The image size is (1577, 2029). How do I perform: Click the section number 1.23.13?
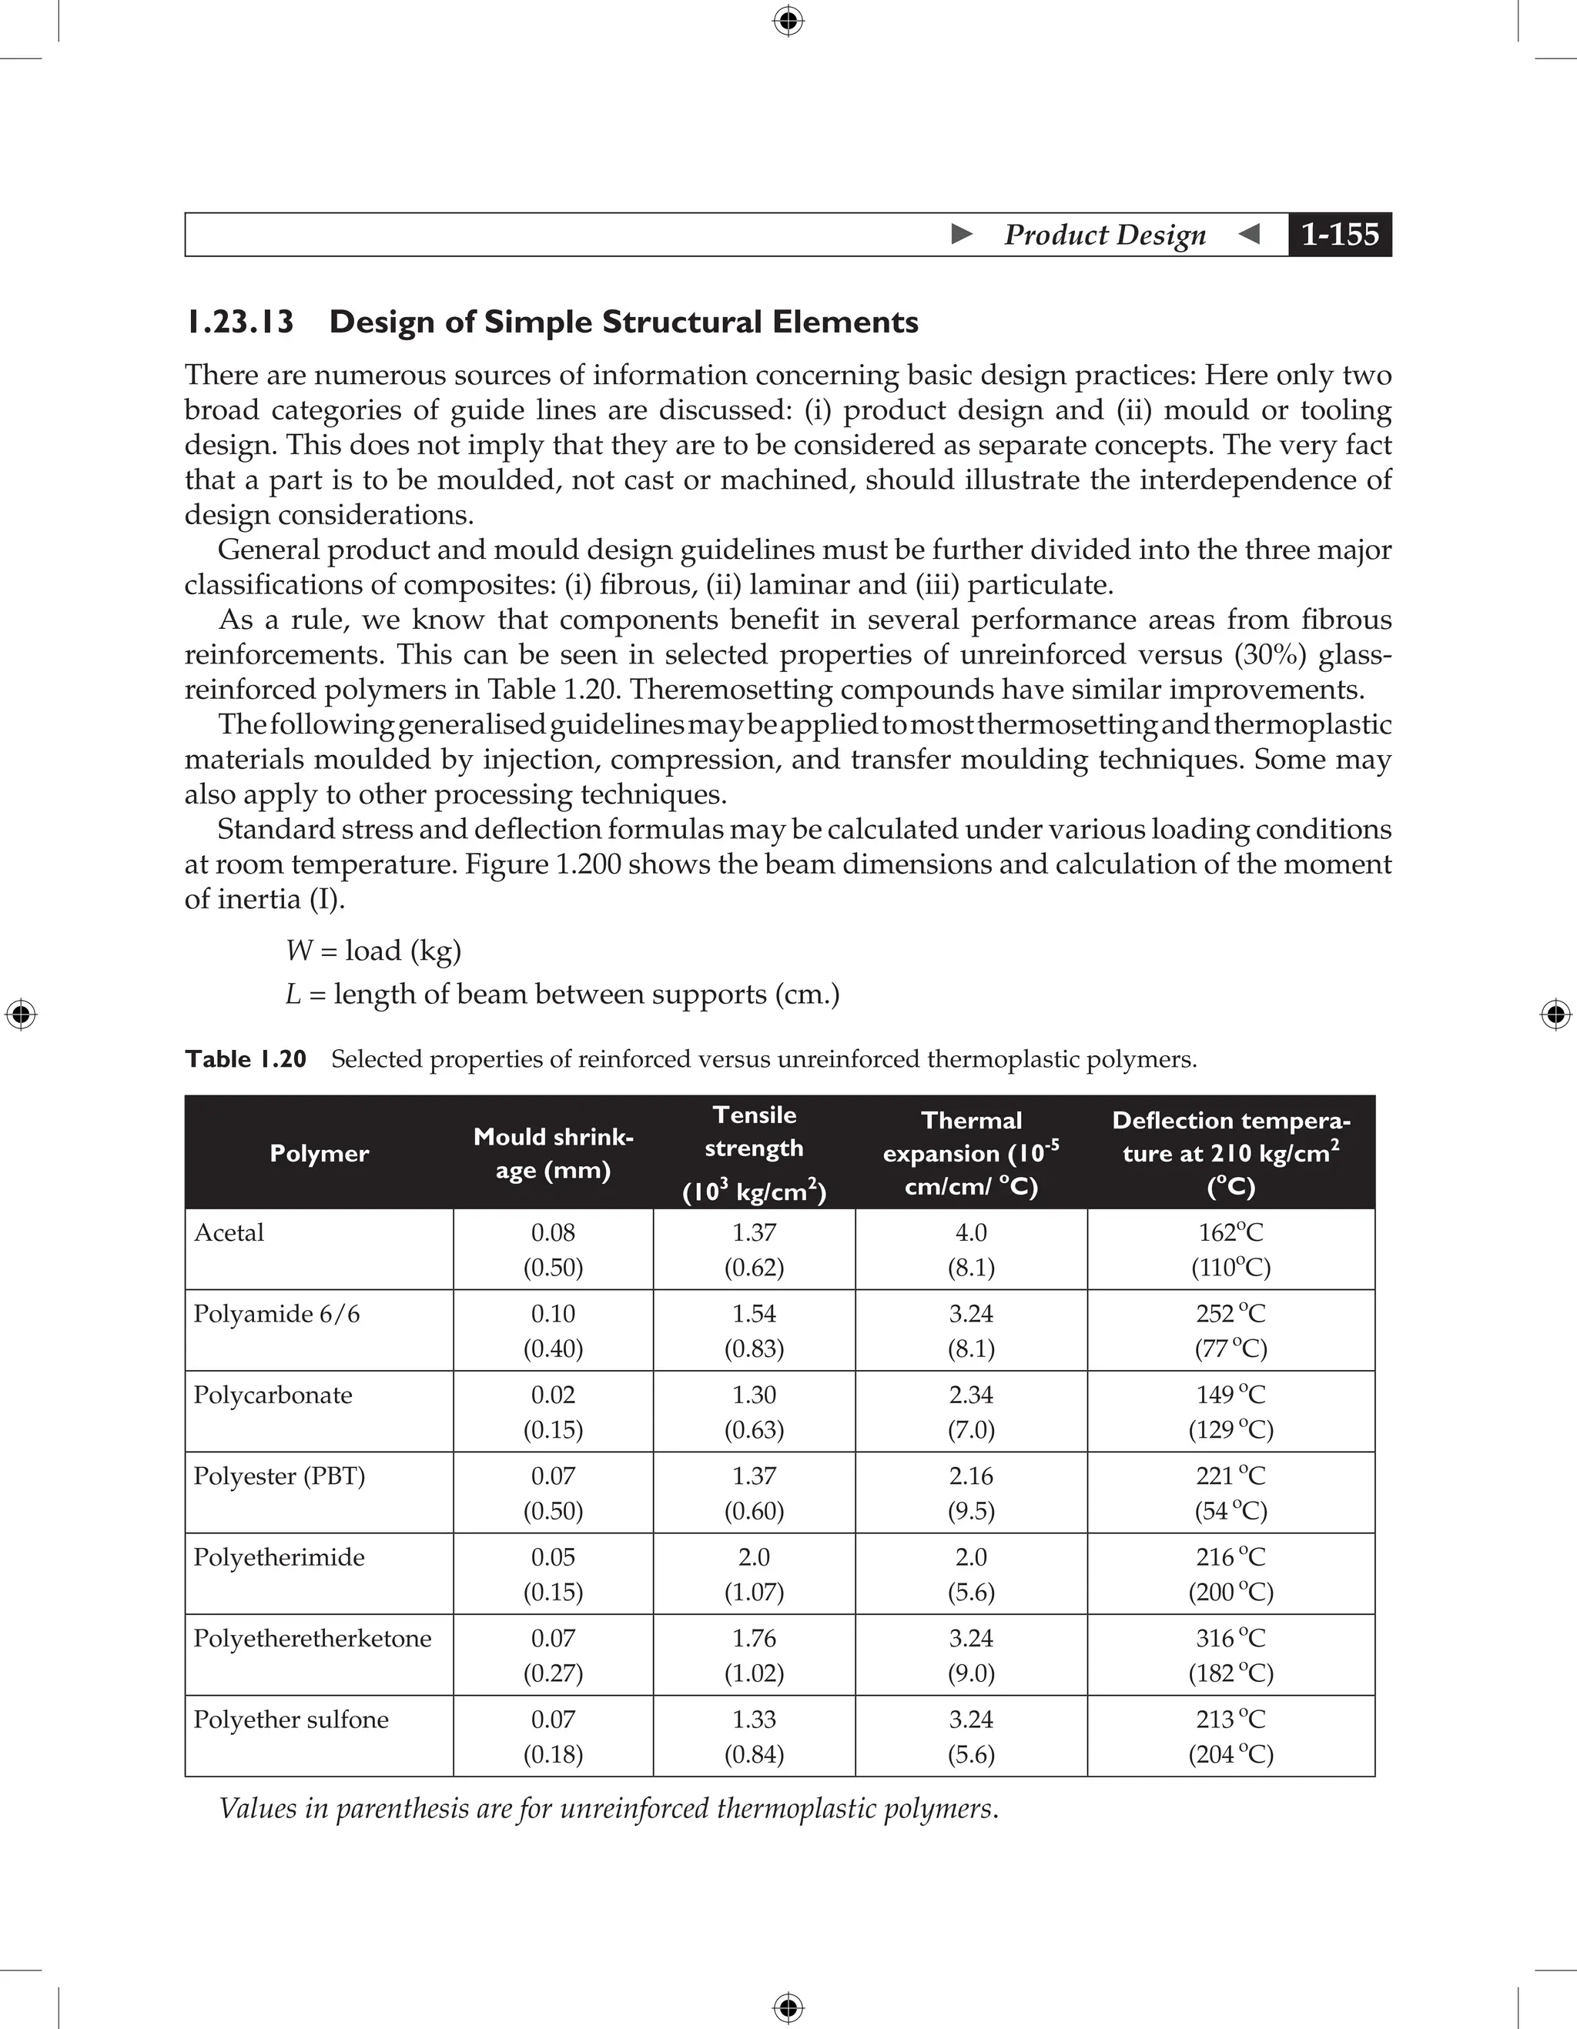pyautogui.click(x=239, y=323)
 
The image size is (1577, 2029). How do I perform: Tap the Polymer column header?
pyautogui.click(x=319, y=1153)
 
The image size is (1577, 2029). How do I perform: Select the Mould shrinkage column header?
pyautogui.click(x=553, y=1153)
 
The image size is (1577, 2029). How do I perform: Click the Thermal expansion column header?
pyautogui.click(x=971, y=1153)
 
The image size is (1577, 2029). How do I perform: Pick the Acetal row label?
pyautogui.click(x=229, y=1233)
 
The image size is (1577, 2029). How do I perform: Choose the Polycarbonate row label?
pyautogui.click(x=273, y=1396)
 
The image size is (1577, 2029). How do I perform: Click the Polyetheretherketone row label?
pyautogui.click(x=312, y=1639)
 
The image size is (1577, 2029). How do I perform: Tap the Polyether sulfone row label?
pyautogui.click(x=291, y=1720)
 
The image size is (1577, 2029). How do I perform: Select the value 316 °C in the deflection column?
pyautogui.click(x=1230, y=1639)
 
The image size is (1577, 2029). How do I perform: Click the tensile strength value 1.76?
pyautogui.click(x=754, y=1639)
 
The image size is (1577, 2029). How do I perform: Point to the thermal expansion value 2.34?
pyautogui.click(x=971, y=1396)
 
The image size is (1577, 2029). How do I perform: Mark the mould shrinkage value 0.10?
pyautogui.click(x=553, y=1315)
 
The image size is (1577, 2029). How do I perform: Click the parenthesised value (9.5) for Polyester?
pyautogui.click(x=971, y=1512)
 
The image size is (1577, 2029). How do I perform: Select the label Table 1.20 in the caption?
pyautogui.click(x=246, y=1059)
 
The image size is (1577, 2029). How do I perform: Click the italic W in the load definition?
pyautogui.click(x=298, y=951)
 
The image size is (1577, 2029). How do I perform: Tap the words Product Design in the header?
pyautogui.click(x=1105, y=234)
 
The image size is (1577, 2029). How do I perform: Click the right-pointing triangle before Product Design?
pyautogui.click(x=962, y=234)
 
